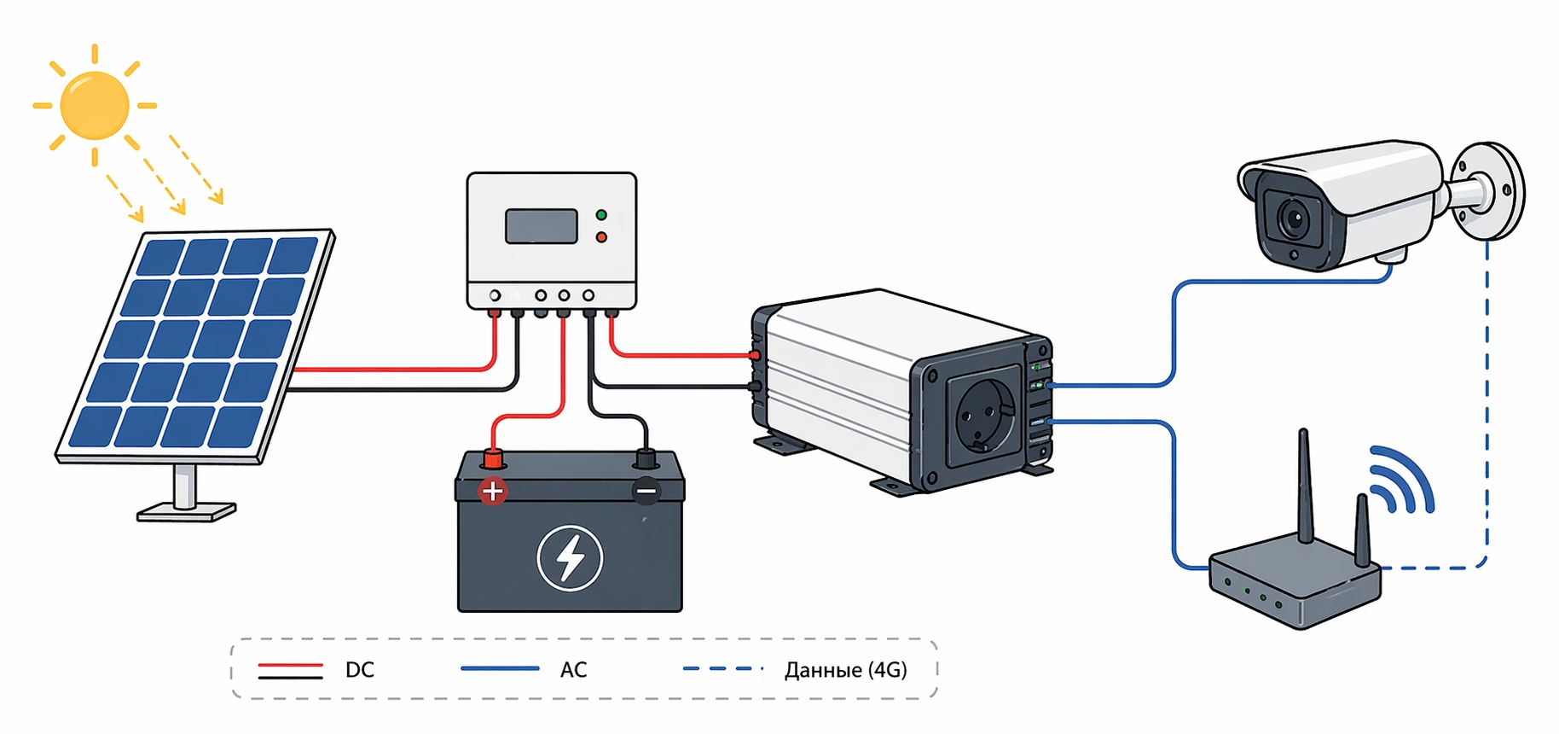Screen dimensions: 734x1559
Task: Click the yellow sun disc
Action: click(x=95, y=105)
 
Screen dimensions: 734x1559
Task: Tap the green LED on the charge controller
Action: click(x=601, y=215)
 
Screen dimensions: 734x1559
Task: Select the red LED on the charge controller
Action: click(x=601, y=236)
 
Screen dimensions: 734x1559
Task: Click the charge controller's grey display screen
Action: click(x=542, y=226)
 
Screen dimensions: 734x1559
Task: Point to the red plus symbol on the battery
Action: click(x=492, y=491)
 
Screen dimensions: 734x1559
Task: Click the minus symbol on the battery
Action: click(x=646, y=491)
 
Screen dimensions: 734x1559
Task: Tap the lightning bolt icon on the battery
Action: click(x=570, y=558)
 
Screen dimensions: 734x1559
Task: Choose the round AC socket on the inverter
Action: click(x=985, y=416)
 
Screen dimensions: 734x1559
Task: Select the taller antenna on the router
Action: click(x=1304, y=486)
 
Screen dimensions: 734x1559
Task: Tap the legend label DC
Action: click(x=360, y=670)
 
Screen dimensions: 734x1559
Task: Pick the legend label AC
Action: click(x=573, y=670)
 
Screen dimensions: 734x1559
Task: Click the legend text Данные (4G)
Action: click(x=845, y=670)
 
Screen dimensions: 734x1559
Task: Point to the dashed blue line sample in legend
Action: click(x=722, y=668)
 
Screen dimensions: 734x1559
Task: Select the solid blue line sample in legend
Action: click(x=500, y=668)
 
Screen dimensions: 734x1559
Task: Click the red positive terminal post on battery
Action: click(x=492, y=460)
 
